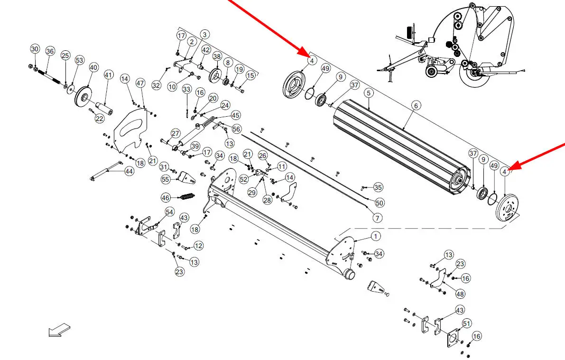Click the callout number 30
(x=35, y=49)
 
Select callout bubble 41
(x=109, y=75)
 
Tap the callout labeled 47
(x=140, y=83)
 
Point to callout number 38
(x=217, y=56)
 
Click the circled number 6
(x=416, y=106)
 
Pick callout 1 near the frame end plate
(x=375, y=236)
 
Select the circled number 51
(x=467, y=323)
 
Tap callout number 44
(x=129, y=172)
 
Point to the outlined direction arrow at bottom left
(x=59, y=330)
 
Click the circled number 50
(x=380, y=203)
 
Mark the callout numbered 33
(x=186, y=90)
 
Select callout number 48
(x=460, y=294)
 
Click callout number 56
(x=237, y=129)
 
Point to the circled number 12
(x=198, y=246)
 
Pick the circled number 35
(x=378, y=187)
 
